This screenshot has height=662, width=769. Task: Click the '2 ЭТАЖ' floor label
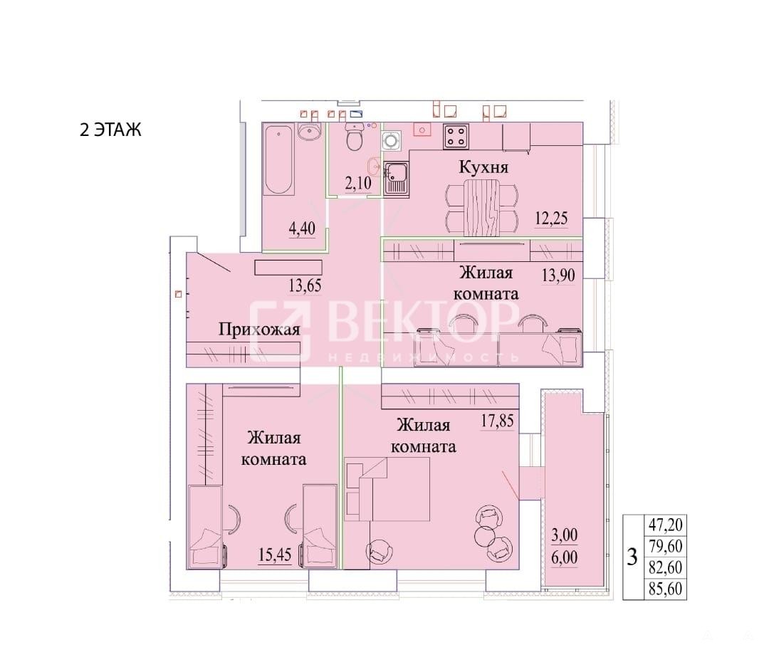(x=110, y=130)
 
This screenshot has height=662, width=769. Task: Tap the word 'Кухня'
(x=483, y=167)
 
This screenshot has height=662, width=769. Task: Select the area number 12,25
(x=551, y=219)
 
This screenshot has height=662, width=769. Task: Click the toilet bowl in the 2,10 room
(x=354, y=137)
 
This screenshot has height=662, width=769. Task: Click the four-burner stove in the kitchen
(x=456, y=137)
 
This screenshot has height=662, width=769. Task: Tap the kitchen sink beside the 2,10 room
(x=396, y=179)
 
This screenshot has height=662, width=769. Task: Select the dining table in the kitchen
(x=481, y=207)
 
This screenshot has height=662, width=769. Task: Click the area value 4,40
(x=302, y=228)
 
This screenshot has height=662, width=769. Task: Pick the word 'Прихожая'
(x=259, y=330)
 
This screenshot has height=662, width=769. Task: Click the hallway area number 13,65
(x=305, y=285)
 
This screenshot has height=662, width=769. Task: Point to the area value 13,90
(x=558, y=275)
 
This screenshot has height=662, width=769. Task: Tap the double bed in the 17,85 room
(x=387, y=489)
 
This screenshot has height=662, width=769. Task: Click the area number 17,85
(x=497, y=421)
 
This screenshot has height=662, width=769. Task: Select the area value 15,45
(x=275, y=555)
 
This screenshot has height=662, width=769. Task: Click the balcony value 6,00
(x=565, y=557)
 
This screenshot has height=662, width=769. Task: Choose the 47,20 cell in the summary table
(x=666, y=525)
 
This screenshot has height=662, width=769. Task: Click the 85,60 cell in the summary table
(x=666, y=589)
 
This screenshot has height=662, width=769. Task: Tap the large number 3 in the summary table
(x=633, y=557)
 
